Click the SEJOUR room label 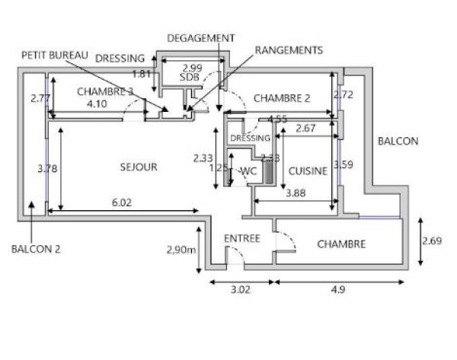[x=139, y=167]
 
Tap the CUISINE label [x=308, y=171]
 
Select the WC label [x=248, y=172]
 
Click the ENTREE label [x=242, y=238]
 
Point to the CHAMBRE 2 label [x=282, y=98]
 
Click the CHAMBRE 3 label [x=106, y=91]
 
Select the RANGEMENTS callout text [x=289, y=49]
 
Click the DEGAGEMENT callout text [x=200, y=37]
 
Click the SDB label [x=189, y=78]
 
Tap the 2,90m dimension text [x=182, y=249]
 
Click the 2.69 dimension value [x=433, y=241]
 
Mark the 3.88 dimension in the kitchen [x=296, y=193]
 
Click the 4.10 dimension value [x=97, y=104]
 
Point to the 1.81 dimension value [x=142, y=74]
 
